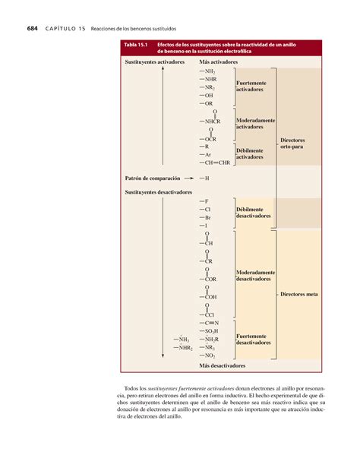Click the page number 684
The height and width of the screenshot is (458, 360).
point(32,29)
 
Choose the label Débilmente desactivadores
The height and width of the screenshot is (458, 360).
point(253,212)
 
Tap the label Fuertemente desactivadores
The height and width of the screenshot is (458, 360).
point(253,339)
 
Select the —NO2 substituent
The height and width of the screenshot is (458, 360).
point(208,355)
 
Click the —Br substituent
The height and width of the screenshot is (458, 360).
point(206,216)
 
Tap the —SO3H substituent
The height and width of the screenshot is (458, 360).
point(209,331)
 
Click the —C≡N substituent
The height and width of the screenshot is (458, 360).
point(209,323)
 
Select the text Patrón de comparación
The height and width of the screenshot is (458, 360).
point(153,178)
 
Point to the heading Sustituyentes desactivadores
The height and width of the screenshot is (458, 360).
point(156,192)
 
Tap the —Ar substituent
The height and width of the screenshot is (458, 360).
point(206,154)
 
